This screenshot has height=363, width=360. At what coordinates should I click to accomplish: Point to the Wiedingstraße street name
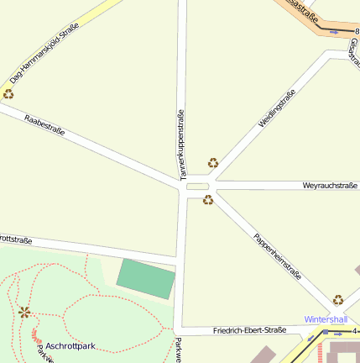pos(277,108)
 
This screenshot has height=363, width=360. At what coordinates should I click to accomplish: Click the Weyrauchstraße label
pos(330,185)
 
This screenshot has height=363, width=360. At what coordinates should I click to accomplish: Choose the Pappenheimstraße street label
pos(277,255)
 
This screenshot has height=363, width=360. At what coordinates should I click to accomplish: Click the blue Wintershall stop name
pos(326,319)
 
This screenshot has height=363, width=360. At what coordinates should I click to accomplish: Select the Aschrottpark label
pos(70,345)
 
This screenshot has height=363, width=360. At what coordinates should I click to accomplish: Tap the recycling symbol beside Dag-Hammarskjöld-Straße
pos(8,93)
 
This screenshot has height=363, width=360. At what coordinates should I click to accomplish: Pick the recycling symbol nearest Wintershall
pos(338,299)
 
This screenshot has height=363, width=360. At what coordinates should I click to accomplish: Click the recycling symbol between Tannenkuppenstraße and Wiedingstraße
pos(213,163)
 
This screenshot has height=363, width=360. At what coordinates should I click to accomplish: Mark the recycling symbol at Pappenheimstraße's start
pos(208,200)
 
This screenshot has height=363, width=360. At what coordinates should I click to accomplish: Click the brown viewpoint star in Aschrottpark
pos(24,313)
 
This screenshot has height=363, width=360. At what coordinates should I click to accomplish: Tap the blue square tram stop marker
pos(326,333)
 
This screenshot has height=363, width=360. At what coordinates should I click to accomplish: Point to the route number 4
pos(355,330)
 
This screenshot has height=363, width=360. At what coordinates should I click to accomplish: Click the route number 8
pos(345,31)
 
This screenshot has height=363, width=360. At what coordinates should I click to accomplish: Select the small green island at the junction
pos(196,187)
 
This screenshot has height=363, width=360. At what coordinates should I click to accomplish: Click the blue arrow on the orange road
pos(335,31)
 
